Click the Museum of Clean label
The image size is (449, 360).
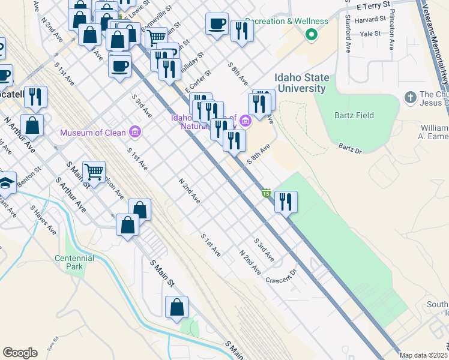pyautogui.click(x=93, y=132)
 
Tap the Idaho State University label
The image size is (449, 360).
pyautogui.click(x=302, y=83)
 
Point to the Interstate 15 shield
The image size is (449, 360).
pyautogui.click(x=266, y=193)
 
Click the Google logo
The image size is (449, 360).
pyautogui.click(x=20, y=353)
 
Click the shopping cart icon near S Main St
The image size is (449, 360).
pyautogui.click(x=94, y=172)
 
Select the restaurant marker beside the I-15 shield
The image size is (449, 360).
pyautogui.click(x=286, y=201)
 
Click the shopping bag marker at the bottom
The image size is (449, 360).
pyautogui.click(x=178, y=307)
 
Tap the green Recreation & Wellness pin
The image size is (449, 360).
pyautogui.click(x=311, y=35)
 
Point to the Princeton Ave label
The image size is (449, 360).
pyautogui.click(x=392, y=29)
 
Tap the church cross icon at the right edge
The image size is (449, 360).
pyautogui.click(x=411, y=97)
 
